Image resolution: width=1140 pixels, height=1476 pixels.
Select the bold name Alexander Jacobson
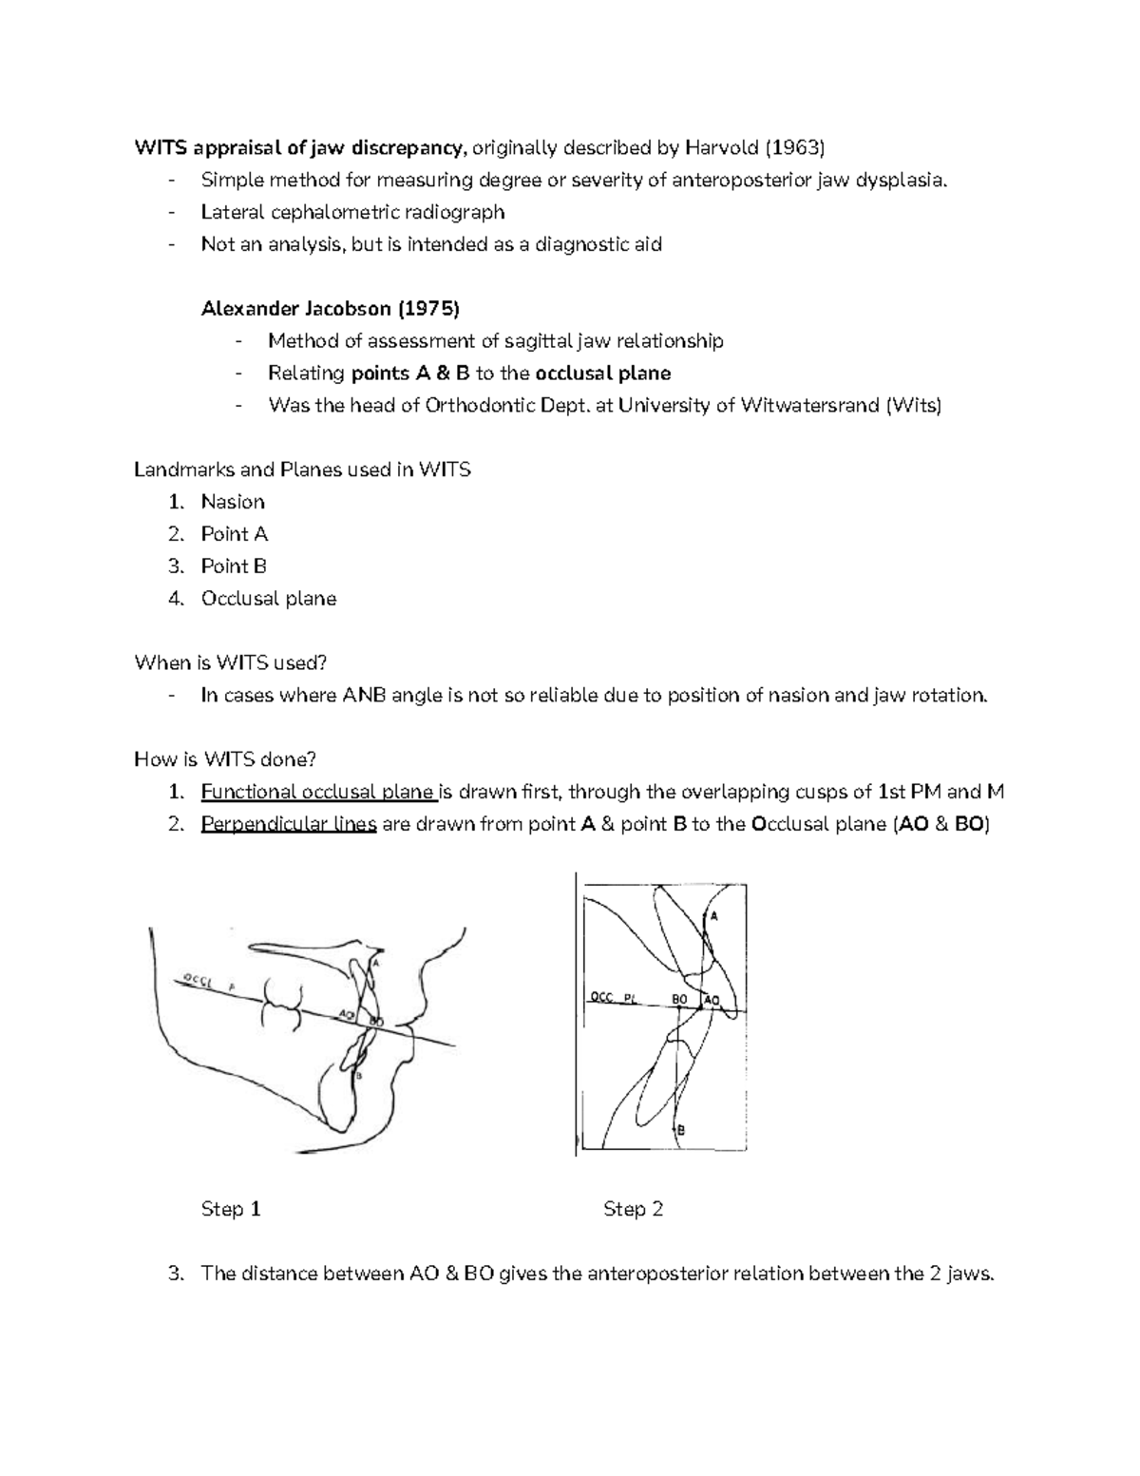click(x=296, y=308)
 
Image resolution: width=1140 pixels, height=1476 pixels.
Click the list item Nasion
click(x=233, y=502)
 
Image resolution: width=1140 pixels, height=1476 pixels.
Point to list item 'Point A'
click(x=234, y=534)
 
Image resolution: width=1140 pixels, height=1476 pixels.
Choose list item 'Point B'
click(x=234, y=566)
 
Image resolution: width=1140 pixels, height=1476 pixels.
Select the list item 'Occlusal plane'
click(x=268, y=599)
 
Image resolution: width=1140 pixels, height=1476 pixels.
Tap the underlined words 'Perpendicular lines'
click(x=289, y=824)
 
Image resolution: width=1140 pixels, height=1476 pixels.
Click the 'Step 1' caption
click(x=231, y=1209)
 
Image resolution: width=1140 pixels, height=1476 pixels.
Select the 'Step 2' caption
click(x=633, y=1209)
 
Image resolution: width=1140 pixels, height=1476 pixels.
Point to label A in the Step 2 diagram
click(x=713, y=916)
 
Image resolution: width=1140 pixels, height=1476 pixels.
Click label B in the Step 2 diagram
click(x=680, y=1129)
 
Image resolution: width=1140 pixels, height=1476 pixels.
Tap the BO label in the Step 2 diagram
click(x=679, y=999)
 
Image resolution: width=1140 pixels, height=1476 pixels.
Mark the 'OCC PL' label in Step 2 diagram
click(x=615, y=998)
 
